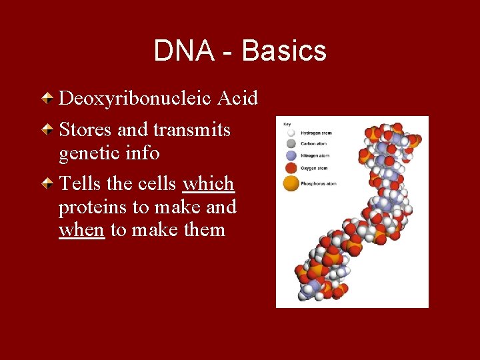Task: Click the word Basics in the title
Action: (x=284, y=51)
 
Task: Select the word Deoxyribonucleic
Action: (x=135, y=99)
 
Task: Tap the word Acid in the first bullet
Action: (x=237, y=99)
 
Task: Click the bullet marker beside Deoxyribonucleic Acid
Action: (x=49, y=99)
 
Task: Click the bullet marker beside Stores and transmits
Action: (x=49, y=129)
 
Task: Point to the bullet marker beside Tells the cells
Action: (x=49, y=183)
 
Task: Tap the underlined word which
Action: (x=208, y=183)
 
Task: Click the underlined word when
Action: (x=81, y=231)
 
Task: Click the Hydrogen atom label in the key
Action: (x=316, y=133)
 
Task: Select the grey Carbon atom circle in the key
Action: (x=290, y=143)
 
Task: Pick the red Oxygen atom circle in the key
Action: (x=290, y=167)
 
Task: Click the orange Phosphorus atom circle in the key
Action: (x=291, y=183)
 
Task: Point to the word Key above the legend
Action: (x=287, y=124)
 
